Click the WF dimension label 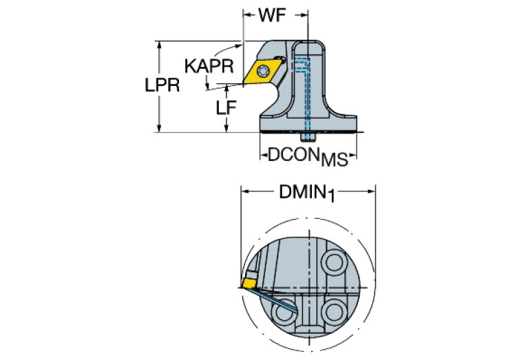[x=273, y=16]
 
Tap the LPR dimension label [x=162, y=86]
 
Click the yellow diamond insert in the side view [x=263, y=70]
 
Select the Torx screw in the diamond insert [x=263, y=70]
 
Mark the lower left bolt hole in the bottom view [x=283, y=314]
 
